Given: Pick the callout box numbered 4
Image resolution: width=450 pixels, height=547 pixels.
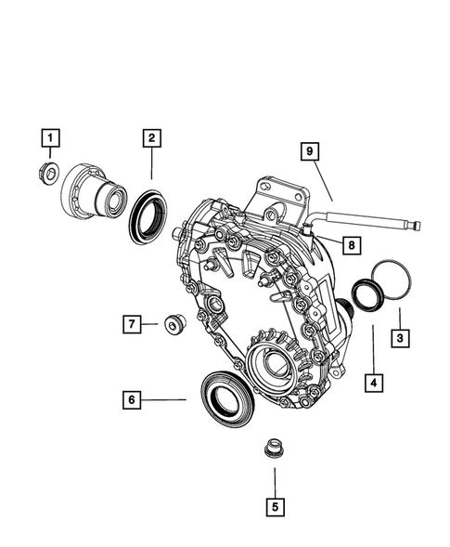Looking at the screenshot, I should coord(374,381).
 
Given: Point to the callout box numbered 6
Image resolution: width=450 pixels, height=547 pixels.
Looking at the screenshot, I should coord(133,399).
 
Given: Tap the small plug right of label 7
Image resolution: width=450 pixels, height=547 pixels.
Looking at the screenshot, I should coord(173,323).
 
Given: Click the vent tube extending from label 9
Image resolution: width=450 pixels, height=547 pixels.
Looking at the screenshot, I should coord(371,221).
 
